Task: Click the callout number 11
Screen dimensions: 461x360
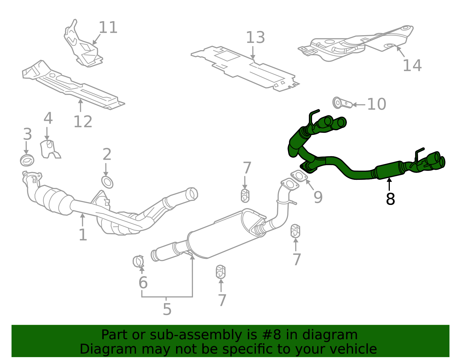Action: [108, 27]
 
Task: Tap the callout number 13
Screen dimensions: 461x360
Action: [256, 37]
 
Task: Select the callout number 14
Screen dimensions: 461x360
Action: [412, 65]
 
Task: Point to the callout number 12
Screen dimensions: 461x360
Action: [83, 122]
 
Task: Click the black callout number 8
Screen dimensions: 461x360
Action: [390, 199]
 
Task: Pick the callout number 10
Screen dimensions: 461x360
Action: [377, 104]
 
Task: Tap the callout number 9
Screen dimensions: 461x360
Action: [318, 197]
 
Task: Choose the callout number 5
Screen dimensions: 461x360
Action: [167, 309]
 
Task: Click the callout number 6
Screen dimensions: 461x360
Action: [143, 282]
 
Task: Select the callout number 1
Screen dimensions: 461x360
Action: [83, 235]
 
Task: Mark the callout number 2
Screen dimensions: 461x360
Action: [107, 154]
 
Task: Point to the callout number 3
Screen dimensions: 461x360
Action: [27, 134]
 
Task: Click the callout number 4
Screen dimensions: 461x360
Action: [48, 118]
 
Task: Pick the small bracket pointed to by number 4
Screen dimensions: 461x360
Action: [50, 149]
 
